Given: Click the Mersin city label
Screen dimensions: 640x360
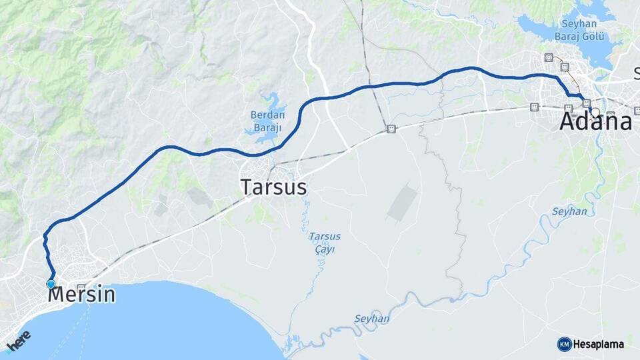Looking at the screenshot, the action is (82, 294).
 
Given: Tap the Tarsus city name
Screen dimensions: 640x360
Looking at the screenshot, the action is (274, 187).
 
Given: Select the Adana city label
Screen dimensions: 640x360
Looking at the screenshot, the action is (595, 122).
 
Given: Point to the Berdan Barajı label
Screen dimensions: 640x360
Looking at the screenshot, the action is (267, 121).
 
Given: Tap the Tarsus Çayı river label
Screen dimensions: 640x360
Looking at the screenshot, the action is (325, 243).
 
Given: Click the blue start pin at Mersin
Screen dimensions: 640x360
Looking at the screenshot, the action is (51, 284).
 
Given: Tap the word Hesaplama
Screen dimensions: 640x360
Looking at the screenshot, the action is (599, 345).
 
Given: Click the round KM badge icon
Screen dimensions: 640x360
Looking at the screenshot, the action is (564, 344).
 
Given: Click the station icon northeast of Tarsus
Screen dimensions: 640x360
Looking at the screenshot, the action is (391, 129).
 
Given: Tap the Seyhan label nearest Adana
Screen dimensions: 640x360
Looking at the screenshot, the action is (569, 211).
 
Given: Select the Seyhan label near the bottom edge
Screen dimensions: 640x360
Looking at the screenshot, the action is (371, 319).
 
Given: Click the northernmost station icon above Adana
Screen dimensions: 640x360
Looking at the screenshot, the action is (549, 57).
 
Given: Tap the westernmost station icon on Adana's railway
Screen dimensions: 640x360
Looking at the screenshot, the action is (534, 107).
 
